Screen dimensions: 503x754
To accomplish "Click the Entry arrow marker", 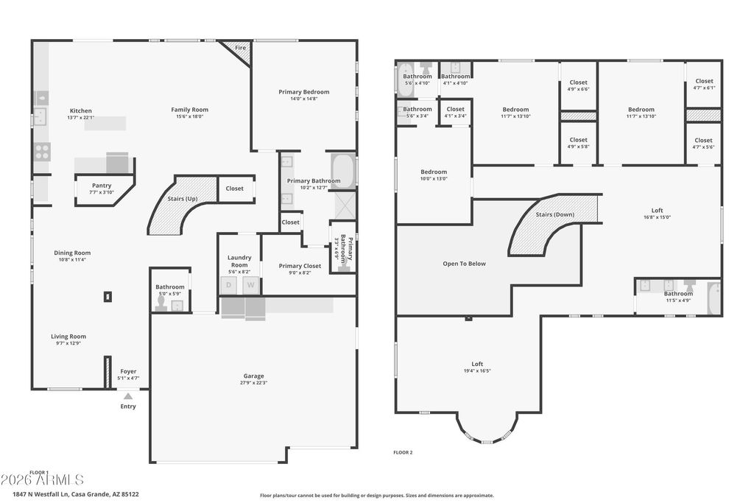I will [x=128, y=396].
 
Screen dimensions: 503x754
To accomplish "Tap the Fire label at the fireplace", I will [x=240, y=48].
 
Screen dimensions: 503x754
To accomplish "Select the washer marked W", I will [x=251, y=285].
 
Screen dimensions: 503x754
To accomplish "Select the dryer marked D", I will [x=229, y=285].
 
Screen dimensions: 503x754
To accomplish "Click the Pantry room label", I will [x=102, y=186].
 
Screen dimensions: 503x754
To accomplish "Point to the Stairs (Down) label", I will [x=554, y=214].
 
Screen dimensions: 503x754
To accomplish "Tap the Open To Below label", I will [x=464, y=264].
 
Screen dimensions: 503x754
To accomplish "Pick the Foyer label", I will [x=128, y=371].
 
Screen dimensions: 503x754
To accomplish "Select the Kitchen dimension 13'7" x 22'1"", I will [x=81, y=118].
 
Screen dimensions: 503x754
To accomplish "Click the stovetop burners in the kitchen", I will [x=42, y=152].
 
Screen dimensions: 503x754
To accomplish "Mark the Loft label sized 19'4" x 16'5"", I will [x=477, y=364].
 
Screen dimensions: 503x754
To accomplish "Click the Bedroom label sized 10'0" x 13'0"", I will [x=434, y=172].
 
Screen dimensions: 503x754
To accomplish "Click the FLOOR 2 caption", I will [x=403, y=452].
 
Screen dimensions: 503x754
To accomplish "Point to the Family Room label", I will [x=190, y=110].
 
